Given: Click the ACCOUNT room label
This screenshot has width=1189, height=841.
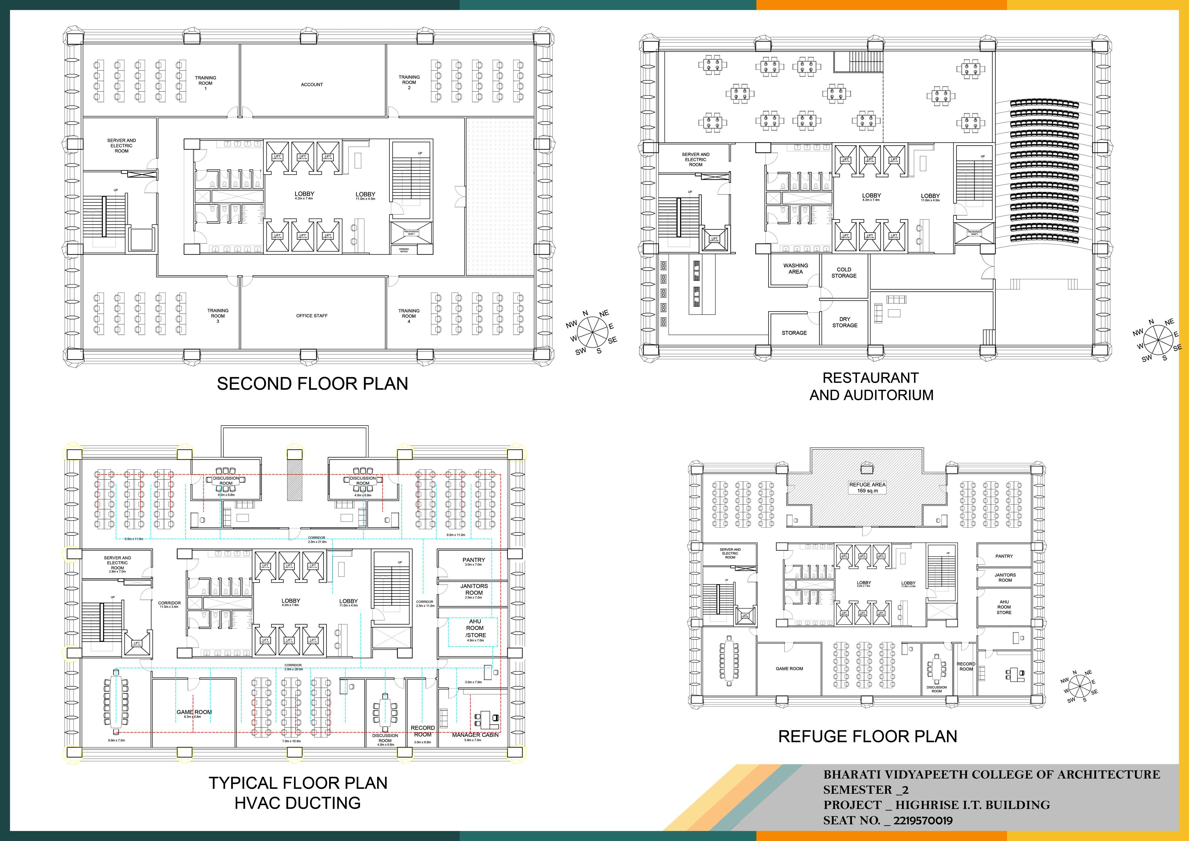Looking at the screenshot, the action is (x=312, y=84).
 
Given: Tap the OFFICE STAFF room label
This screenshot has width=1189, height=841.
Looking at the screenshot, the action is (x=312, y=316).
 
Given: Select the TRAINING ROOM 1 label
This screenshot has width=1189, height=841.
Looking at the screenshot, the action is (x=206, y=83).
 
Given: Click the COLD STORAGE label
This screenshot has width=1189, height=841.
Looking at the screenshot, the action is (x=844, y=272).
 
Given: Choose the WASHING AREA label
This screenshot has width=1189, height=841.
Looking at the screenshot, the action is (x=795, y=268).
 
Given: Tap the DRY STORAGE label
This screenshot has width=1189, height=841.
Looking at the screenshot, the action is (x=845, y=322).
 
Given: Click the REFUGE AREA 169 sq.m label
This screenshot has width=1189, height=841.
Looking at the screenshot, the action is (x=867, y=488).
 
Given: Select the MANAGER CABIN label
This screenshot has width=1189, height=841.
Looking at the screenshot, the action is (x=475, y=735).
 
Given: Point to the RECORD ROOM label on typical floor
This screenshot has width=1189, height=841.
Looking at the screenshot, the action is (x=423, y=731).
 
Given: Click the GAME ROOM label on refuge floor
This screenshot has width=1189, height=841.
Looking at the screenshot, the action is (x=789, y=669).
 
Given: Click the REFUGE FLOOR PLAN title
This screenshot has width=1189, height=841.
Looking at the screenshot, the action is (x=867, y=736).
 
